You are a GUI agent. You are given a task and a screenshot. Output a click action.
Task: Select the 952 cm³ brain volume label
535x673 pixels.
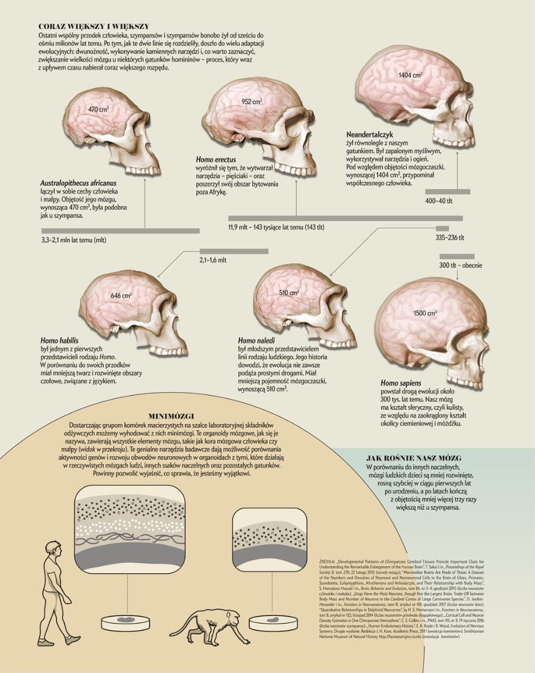(x=252, y=102)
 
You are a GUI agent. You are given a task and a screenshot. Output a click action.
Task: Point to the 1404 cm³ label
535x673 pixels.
(x=410, y=75)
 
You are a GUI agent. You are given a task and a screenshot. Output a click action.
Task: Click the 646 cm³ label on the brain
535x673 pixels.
(x=121, y=295)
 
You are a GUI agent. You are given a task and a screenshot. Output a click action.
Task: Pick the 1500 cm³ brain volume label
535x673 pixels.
(x=425, y=313)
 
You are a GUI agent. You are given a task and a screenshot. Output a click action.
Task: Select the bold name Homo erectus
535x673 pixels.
(x=216, y=160)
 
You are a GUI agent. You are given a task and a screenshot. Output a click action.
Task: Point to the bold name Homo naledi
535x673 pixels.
(x=257, y=340)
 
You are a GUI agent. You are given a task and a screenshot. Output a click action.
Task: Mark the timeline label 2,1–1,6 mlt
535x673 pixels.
(x=213, y=260)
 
